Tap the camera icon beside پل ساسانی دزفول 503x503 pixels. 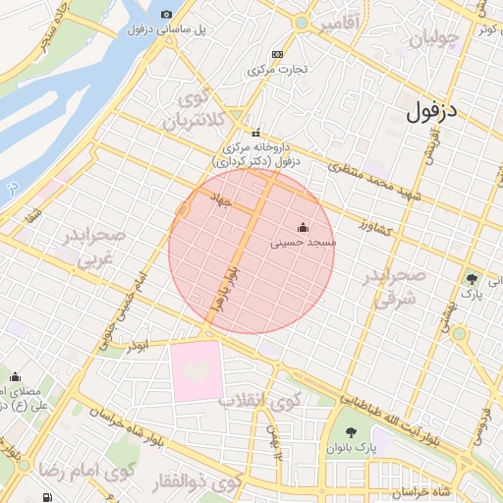[x=166, y=14]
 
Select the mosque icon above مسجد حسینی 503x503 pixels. [x=301, y=228]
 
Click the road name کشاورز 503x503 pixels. [x=374, y=229]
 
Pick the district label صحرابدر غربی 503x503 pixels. [x=94, y=246]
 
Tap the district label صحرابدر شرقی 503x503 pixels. [x=393, y=285]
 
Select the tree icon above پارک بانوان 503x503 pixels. [x=350, y=433]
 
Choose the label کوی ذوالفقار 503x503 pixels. [x=196, y=482]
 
